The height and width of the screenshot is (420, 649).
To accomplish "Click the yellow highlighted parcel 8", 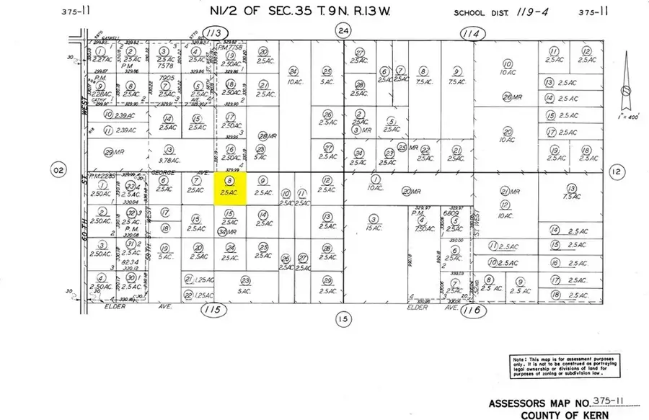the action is (230, 189).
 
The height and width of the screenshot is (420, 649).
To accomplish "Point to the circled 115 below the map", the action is (211, 310).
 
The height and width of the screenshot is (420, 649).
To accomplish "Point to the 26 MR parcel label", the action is (512, 97).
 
